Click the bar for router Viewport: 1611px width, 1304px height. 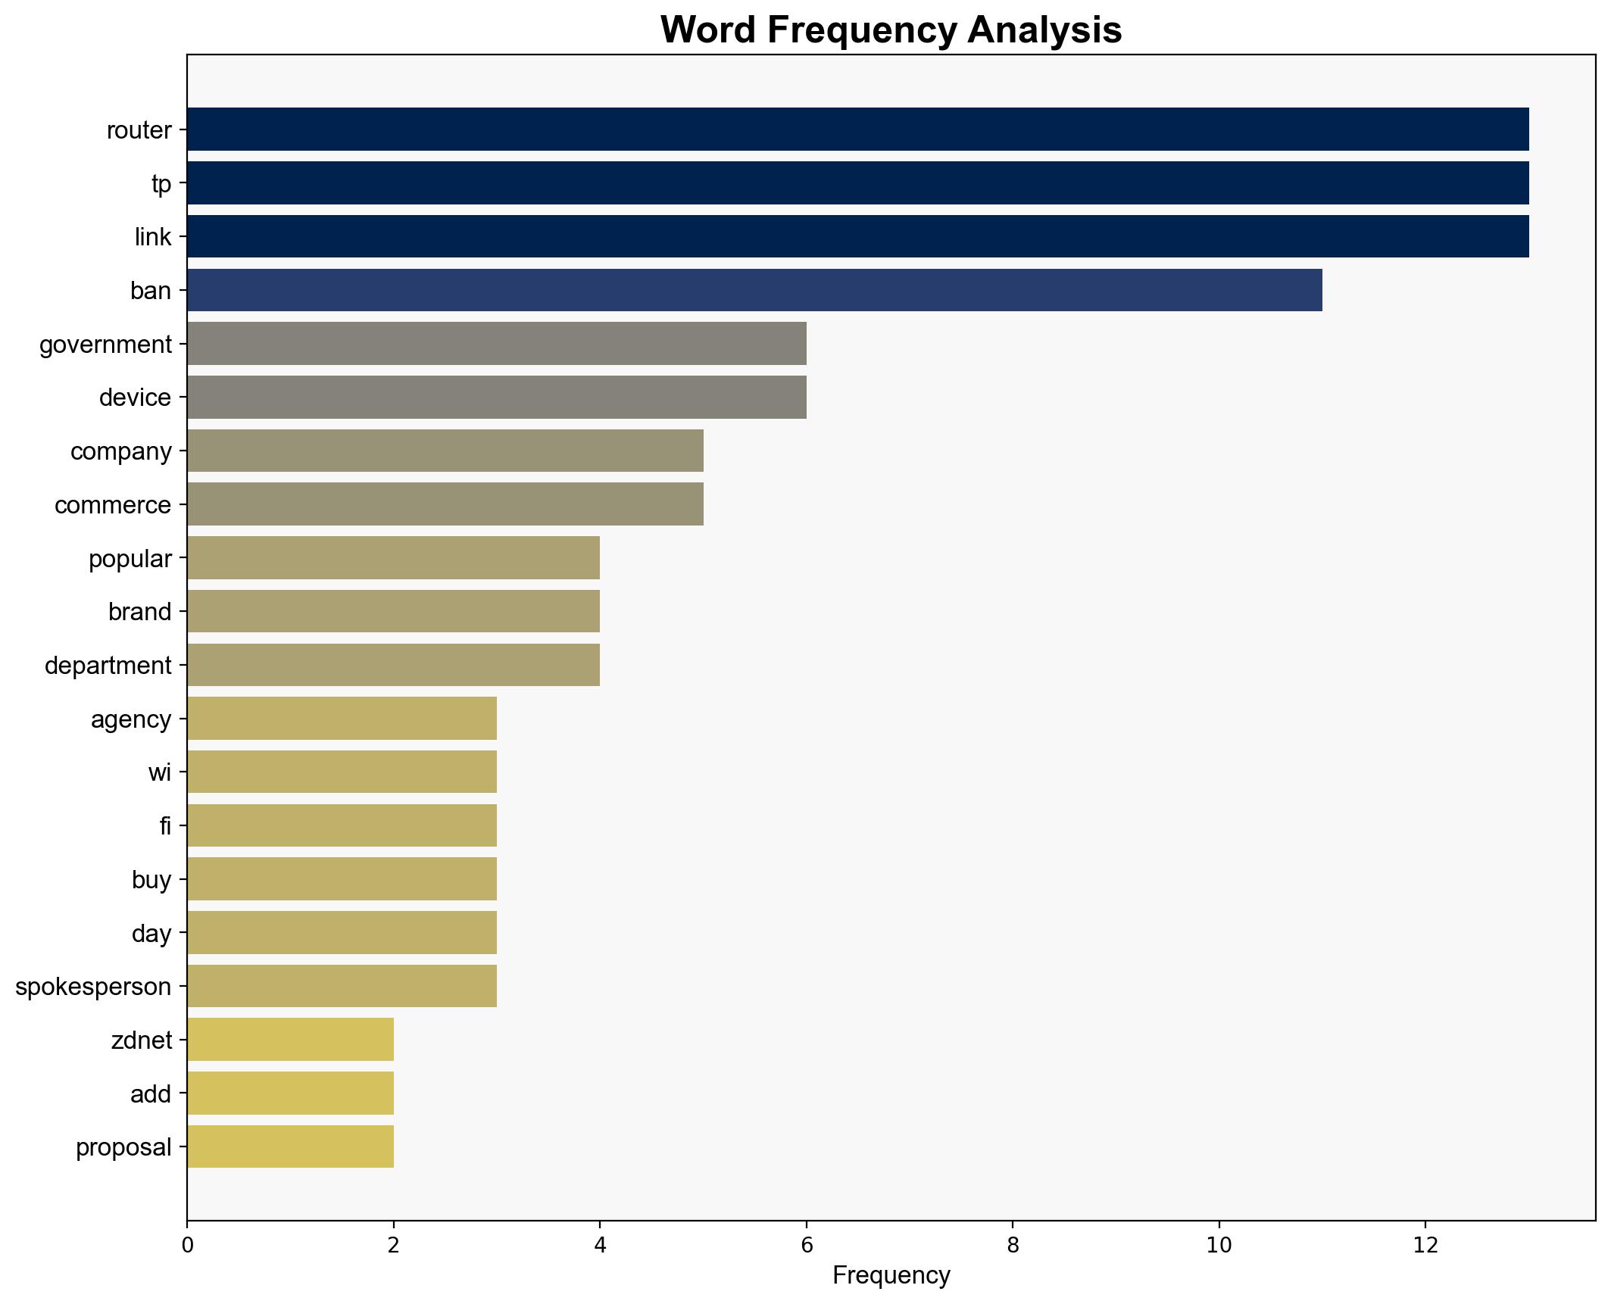pyautogui.click(x=857, y=129)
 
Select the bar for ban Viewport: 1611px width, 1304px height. pyautogui.click(x=754, y=290)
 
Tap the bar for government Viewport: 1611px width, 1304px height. pyautogui.click(x=497, y=344)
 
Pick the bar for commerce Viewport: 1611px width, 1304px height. pyautogui.click(x=445, y=504)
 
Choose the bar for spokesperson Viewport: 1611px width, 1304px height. pyautogui.click(x=342, y=986)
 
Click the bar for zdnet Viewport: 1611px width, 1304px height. pyautogui.click(x=291, y=1040)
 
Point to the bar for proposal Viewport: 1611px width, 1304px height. pyautogui.click(x=291, y=1146)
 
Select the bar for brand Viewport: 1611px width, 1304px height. pyautogui.click(x=394, y=611)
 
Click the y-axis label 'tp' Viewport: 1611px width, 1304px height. pyautogui.click(x=161, y=183)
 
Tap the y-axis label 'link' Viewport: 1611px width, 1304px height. pyautogui.click(x=153, y=237)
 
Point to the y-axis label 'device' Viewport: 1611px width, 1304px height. pyautogui.click(x=135, y=398)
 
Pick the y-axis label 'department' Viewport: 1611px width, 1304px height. pyautogui.click(x=108, y=666)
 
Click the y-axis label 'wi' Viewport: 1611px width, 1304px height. pyautogui.click(x=160, y=772)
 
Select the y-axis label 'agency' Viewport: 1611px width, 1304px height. pyautogui.click(x=131, y=719)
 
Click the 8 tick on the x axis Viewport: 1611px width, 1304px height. pyautogui.click(x=1013, y=1246)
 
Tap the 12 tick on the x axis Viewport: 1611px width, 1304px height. pyautogui.click(x=1425, y=1246)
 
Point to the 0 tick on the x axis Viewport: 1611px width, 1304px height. pyautogui.click(x=187, y=1246)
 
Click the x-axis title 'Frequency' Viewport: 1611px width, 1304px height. pyautogui.click(x=891, y=1276)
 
